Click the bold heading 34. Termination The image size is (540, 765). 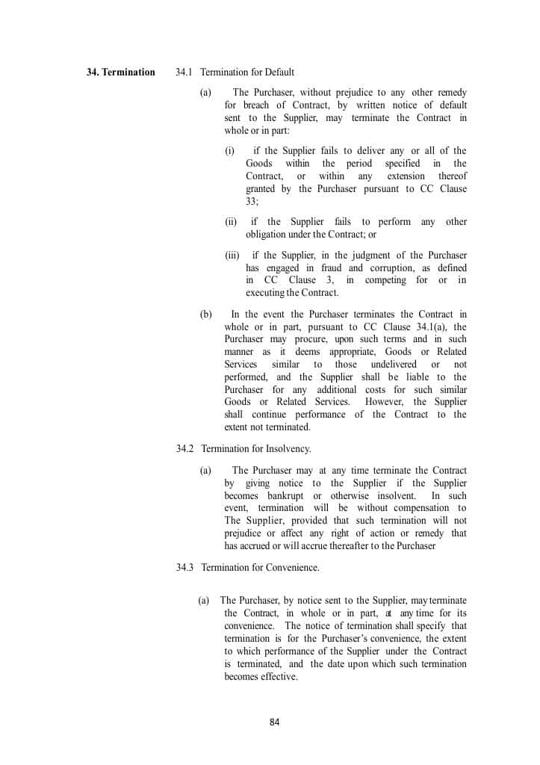[x=120, y=72]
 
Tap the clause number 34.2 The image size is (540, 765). [x=185, y=449]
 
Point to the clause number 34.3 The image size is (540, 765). [x=185, y=568]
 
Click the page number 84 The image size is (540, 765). [x=274, y=722]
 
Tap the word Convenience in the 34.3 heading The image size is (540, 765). [x=292, y=568]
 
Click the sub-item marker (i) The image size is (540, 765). [x=230, y=151]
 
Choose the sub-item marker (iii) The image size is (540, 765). [x=232, y=255]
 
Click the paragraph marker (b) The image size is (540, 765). [x=205, y=315]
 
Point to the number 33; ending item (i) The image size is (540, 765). [x=257, y=202]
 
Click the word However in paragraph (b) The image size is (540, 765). [x=385, y=403]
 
